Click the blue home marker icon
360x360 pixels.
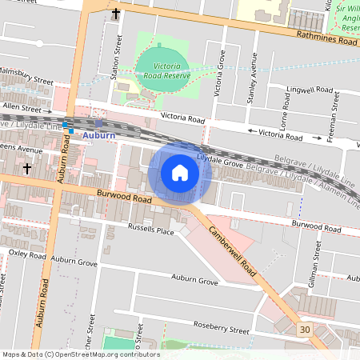coord(180,172)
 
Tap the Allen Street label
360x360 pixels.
coord(22,106)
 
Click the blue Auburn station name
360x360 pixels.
coord(99,134)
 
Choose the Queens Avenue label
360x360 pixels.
coord(21,150)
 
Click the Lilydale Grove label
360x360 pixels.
coord(220,162)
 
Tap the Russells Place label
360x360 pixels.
coord(151,231)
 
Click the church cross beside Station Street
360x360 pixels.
coord(116,14)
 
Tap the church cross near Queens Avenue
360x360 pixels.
coord(27,169)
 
